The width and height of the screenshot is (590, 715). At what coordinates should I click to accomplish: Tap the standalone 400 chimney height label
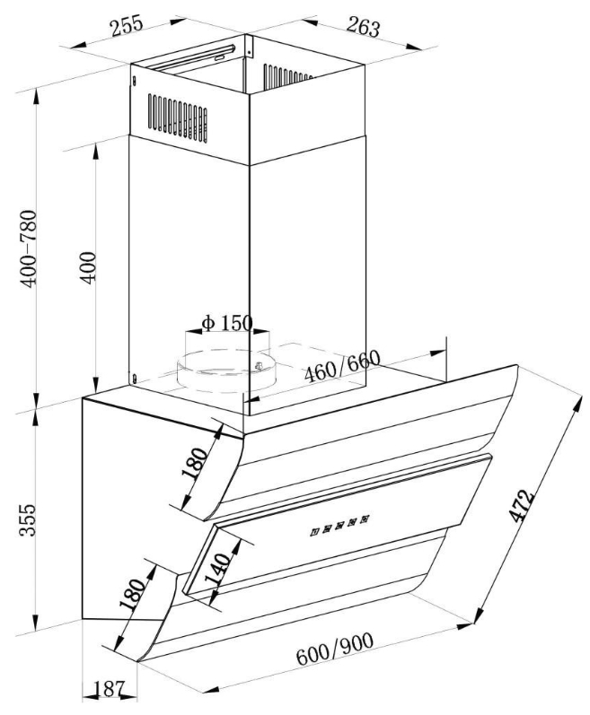(x=87, y=266)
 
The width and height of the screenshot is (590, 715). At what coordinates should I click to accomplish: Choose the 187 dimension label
(x=108, y=690)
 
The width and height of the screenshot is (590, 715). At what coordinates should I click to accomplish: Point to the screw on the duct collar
(x=260, y=365)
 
